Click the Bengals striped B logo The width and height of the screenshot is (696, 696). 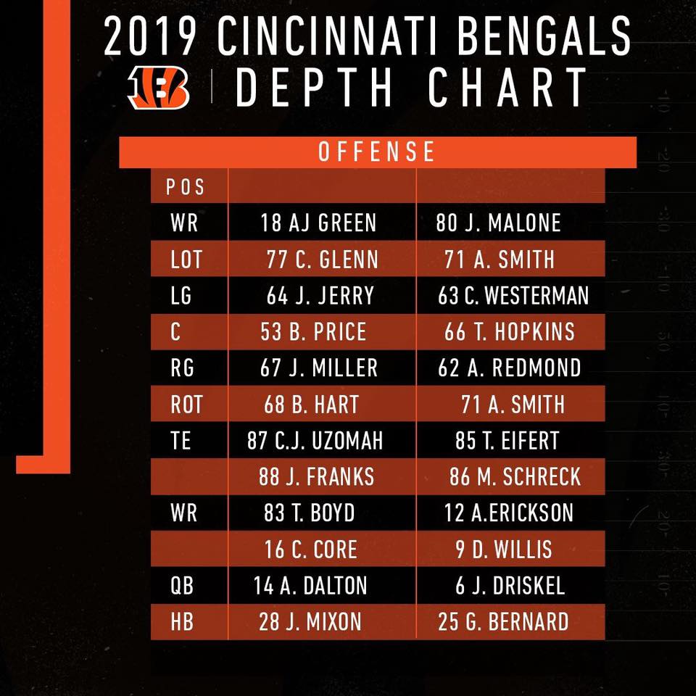(x=159, y=88)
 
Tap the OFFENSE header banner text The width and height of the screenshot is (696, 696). (x=377, y=152)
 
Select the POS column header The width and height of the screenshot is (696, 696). (x=185, y=187)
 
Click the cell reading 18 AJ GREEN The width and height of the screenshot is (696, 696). (x=318, y=223)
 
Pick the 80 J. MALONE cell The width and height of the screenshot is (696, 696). (x=498, y=223)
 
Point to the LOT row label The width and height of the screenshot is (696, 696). (x=186, y=260)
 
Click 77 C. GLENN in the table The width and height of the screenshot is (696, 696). (x=322, y=260)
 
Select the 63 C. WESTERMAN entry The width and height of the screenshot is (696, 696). (x=513, y=296)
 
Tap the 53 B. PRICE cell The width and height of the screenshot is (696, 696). (x=313, y=332)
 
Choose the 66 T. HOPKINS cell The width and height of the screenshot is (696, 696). (x=510, y=332)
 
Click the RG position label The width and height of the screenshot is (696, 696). (x=183, y=368)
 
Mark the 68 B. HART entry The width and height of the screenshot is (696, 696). (x=311, y=405)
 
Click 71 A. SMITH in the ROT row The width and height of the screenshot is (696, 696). (x=513, y=405)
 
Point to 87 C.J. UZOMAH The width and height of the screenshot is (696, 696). (x=315, y=441)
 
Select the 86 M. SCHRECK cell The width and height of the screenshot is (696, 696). (x=515, y=477)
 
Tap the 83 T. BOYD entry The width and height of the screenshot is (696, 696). (x=310, y=513)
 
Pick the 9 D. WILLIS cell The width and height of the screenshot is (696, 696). (x=504, y=550)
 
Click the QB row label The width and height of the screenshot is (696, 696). (x=182, y=586)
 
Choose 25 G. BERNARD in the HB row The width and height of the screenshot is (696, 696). (x=503, y=622)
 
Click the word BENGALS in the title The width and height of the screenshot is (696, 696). (x=544, y=36)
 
